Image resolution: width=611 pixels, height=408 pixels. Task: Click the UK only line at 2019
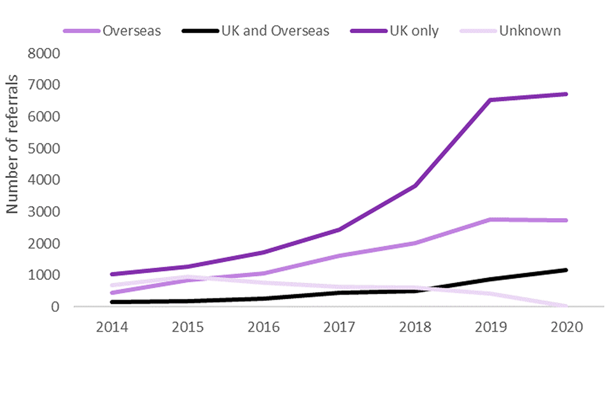pos(491,99)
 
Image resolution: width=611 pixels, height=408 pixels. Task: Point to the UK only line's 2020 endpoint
pos(566,94)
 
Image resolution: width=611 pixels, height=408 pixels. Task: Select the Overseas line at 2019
pos(491,219)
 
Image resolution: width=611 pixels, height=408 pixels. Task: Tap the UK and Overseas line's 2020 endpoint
pos(566,270)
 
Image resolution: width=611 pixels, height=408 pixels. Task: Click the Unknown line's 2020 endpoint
pos(566,306)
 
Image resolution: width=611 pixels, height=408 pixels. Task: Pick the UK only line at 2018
pos(415,186)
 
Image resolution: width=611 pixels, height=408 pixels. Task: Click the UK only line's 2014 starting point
pos(112,274)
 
